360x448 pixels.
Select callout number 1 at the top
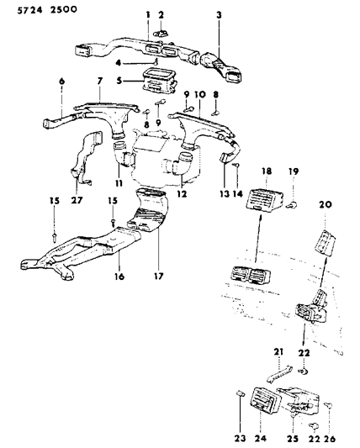pyautogui.click(x=148, y=15)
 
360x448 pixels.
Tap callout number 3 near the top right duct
pyautogui.click(x=219, y=15)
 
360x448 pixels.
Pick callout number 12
pyautogui.click(x=178, y=194)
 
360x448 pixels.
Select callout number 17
pyautogui.click(x=157, y=273)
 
